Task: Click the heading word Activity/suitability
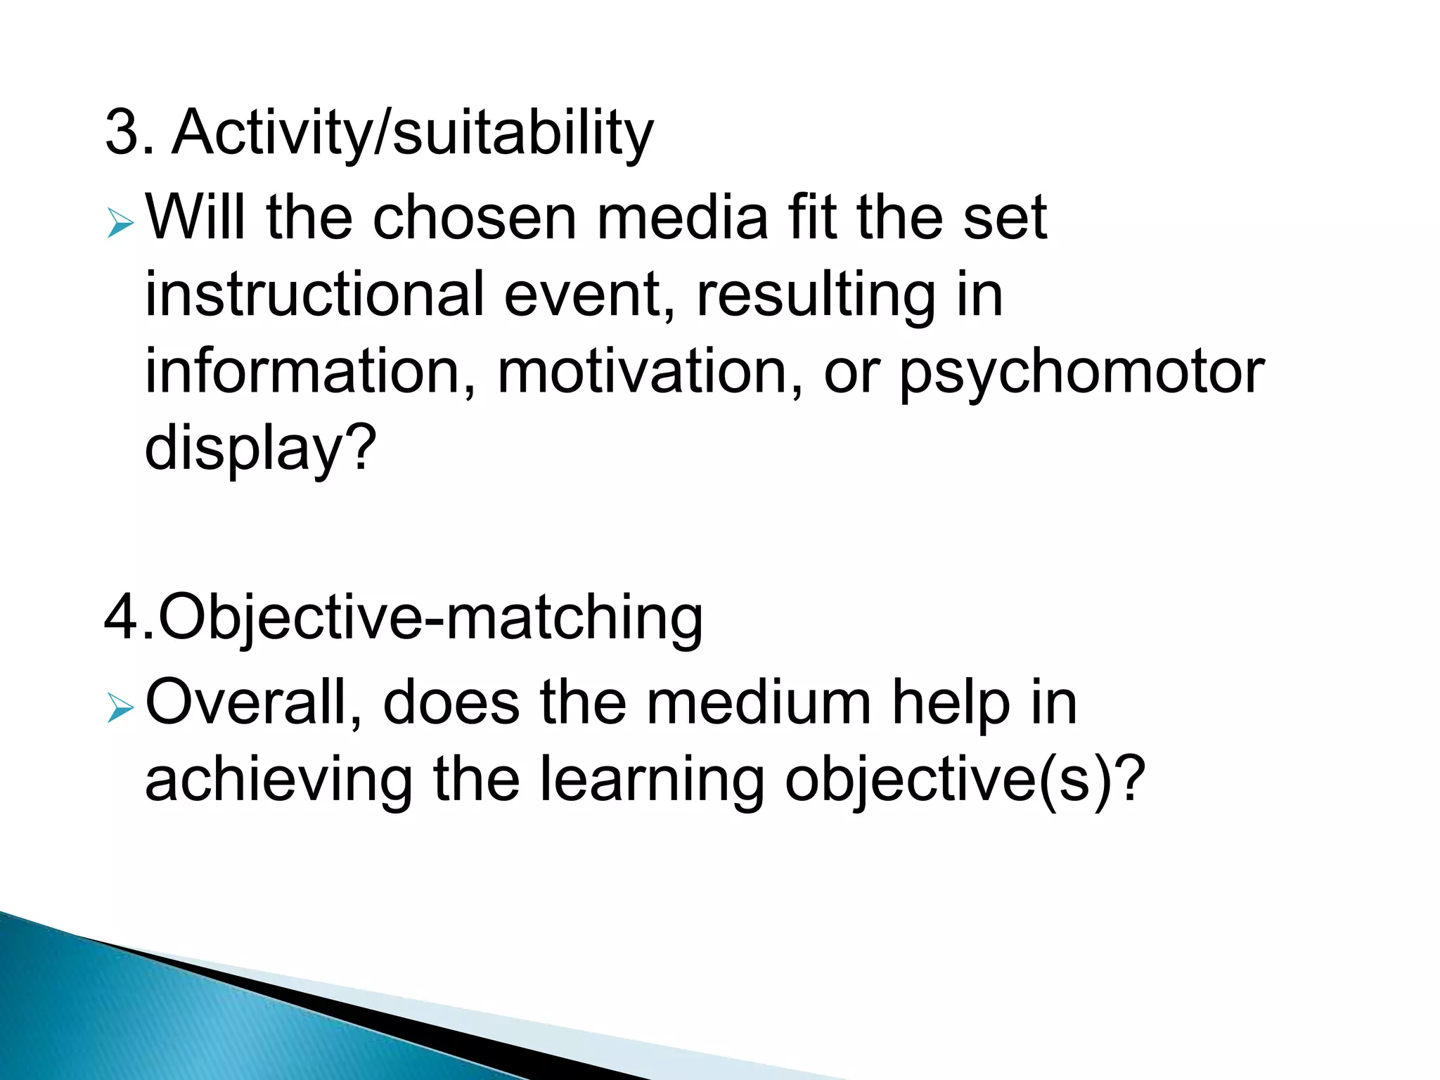tap(413, 134)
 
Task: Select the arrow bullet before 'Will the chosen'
tap(120, 225)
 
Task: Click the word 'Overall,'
tap(253, 704)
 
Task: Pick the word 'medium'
tap(759, 704)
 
